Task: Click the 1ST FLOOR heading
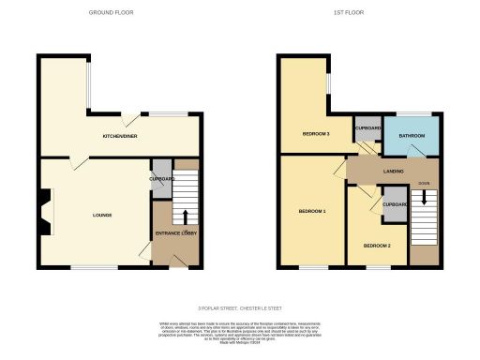348,12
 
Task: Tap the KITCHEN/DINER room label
122,136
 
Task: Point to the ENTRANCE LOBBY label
175,233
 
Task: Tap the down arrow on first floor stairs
425,199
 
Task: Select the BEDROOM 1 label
311,211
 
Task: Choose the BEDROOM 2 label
377,246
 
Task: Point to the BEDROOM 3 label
315,134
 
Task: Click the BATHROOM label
412,136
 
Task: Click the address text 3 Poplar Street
240,307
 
